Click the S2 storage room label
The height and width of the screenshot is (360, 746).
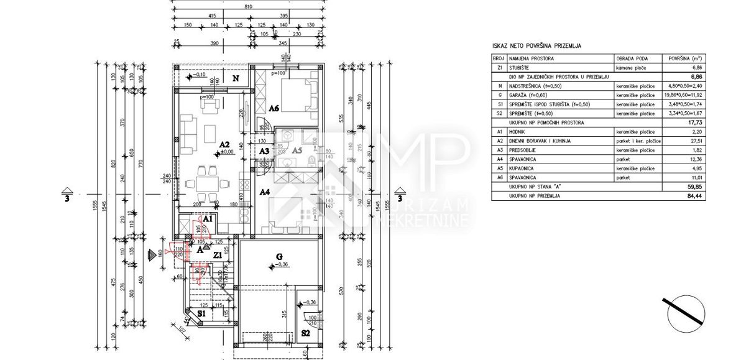pos(306,333)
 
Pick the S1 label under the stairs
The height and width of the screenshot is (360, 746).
pos(201,314)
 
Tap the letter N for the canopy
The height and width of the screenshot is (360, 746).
pos(236,79)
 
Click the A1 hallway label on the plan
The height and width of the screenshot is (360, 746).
pos(208,219)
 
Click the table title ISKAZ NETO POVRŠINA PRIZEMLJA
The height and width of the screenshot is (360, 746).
pos(537,46)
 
